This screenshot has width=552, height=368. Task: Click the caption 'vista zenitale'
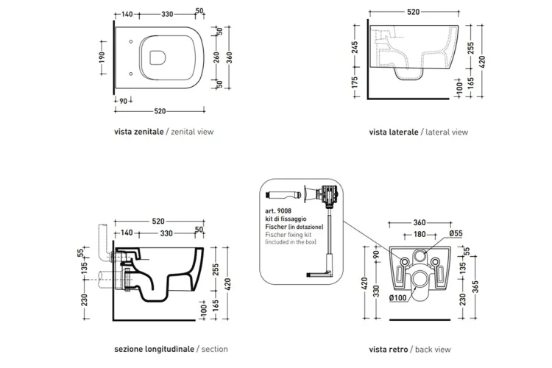pos(138,132)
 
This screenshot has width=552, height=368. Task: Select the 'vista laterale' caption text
pos(394,132)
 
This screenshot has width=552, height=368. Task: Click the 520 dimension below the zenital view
pos(160,111)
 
